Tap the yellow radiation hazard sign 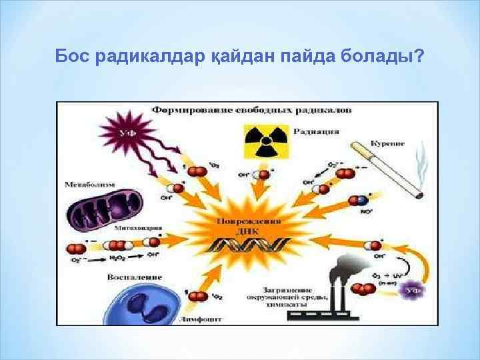262,141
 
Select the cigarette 386,169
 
